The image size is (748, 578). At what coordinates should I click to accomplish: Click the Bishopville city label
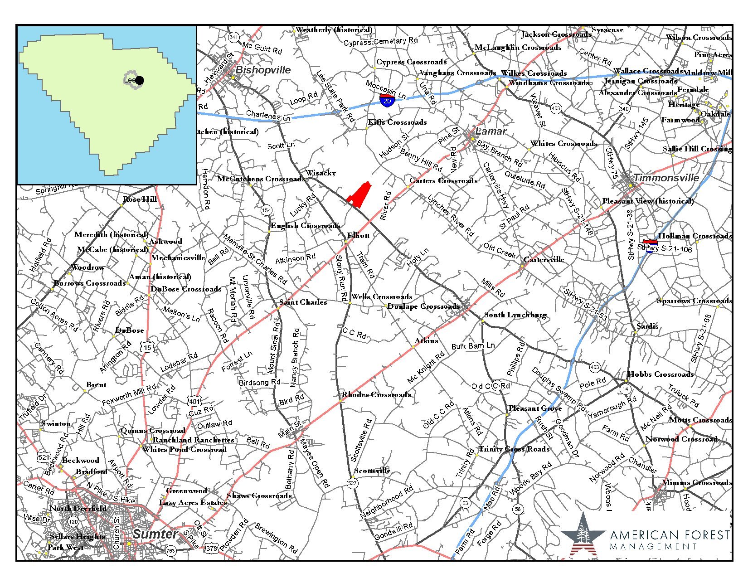click(263, 70)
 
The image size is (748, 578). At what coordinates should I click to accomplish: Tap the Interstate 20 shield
click(387, 100)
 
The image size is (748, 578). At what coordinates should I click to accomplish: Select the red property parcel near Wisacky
click(359, 193)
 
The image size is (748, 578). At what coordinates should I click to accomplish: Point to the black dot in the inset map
click(140, 81)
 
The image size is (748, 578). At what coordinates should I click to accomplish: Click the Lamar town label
click(491, 131)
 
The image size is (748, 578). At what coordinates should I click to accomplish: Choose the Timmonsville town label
click(666, 178)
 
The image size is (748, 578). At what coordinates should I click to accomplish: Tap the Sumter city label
click(155, 534)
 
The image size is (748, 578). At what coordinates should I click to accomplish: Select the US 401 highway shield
click(194, 401)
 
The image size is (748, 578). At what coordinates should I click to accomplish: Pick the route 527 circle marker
click(352, 484)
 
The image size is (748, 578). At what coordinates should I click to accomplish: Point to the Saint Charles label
click(303, 302)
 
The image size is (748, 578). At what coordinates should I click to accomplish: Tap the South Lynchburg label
click(515, 315)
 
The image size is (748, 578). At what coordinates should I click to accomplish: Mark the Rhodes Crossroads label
click(376, 394)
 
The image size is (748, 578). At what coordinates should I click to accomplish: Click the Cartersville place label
click(544, 259)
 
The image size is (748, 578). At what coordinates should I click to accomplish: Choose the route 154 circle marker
click(266, 210)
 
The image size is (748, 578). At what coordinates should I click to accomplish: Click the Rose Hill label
click(140, 199)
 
